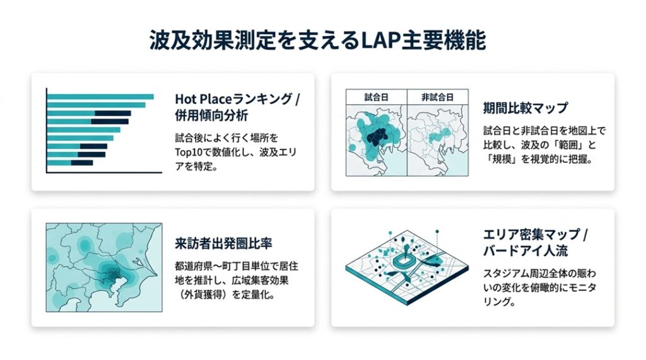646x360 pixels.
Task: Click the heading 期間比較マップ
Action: (x=525, y=107)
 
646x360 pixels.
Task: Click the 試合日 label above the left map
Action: (x=377, y=97)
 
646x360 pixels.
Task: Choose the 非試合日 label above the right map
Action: (x=437, y=97)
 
